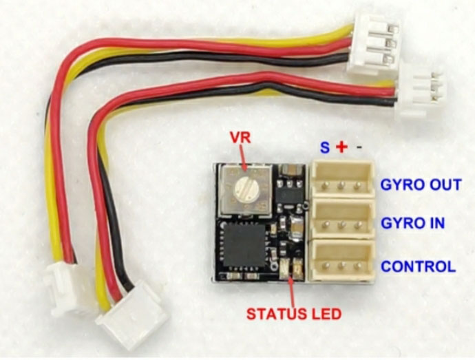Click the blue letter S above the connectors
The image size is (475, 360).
click(324, 147)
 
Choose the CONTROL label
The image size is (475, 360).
click(418, 266)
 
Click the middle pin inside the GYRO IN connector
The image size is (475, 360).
click(341, 225)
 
